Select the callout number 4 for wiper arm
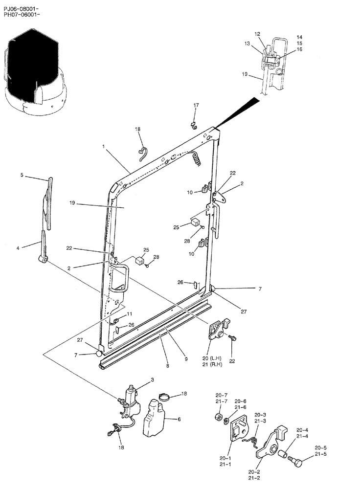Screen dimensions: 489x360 coord(18,248)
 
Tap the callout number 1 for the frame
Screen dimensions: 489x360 coord(103,146)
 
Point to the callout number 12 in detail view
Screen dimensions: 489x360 coord(257,34)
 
